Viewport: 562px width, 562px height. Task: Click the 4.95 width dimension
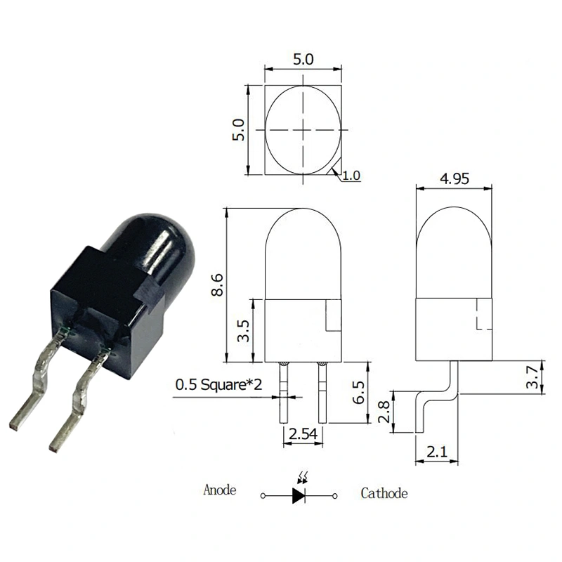tap(454, 179)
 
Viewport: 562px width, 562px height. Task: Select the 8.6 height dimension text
tap(217, 285)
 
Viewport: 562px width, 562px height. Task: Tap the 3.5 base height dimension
tap(243, 330)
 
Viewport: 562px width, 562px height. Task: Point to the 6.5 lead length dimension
tap(358, 392)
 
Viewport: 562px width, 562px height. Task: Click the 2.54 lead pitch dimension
tap(303, 434)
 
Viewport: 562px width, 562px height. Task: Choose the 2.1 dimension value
tap(437, 452)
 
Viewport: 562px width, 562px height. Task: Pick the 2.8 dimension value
tap(384, 412)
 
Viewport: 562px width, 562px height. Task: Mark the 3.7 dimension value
tap(532, 377)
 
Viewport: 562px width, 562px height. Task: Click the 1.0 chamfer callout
tap(351, 176)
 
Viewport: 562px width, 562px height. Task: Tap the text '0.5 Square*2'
tap(218, 384)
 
